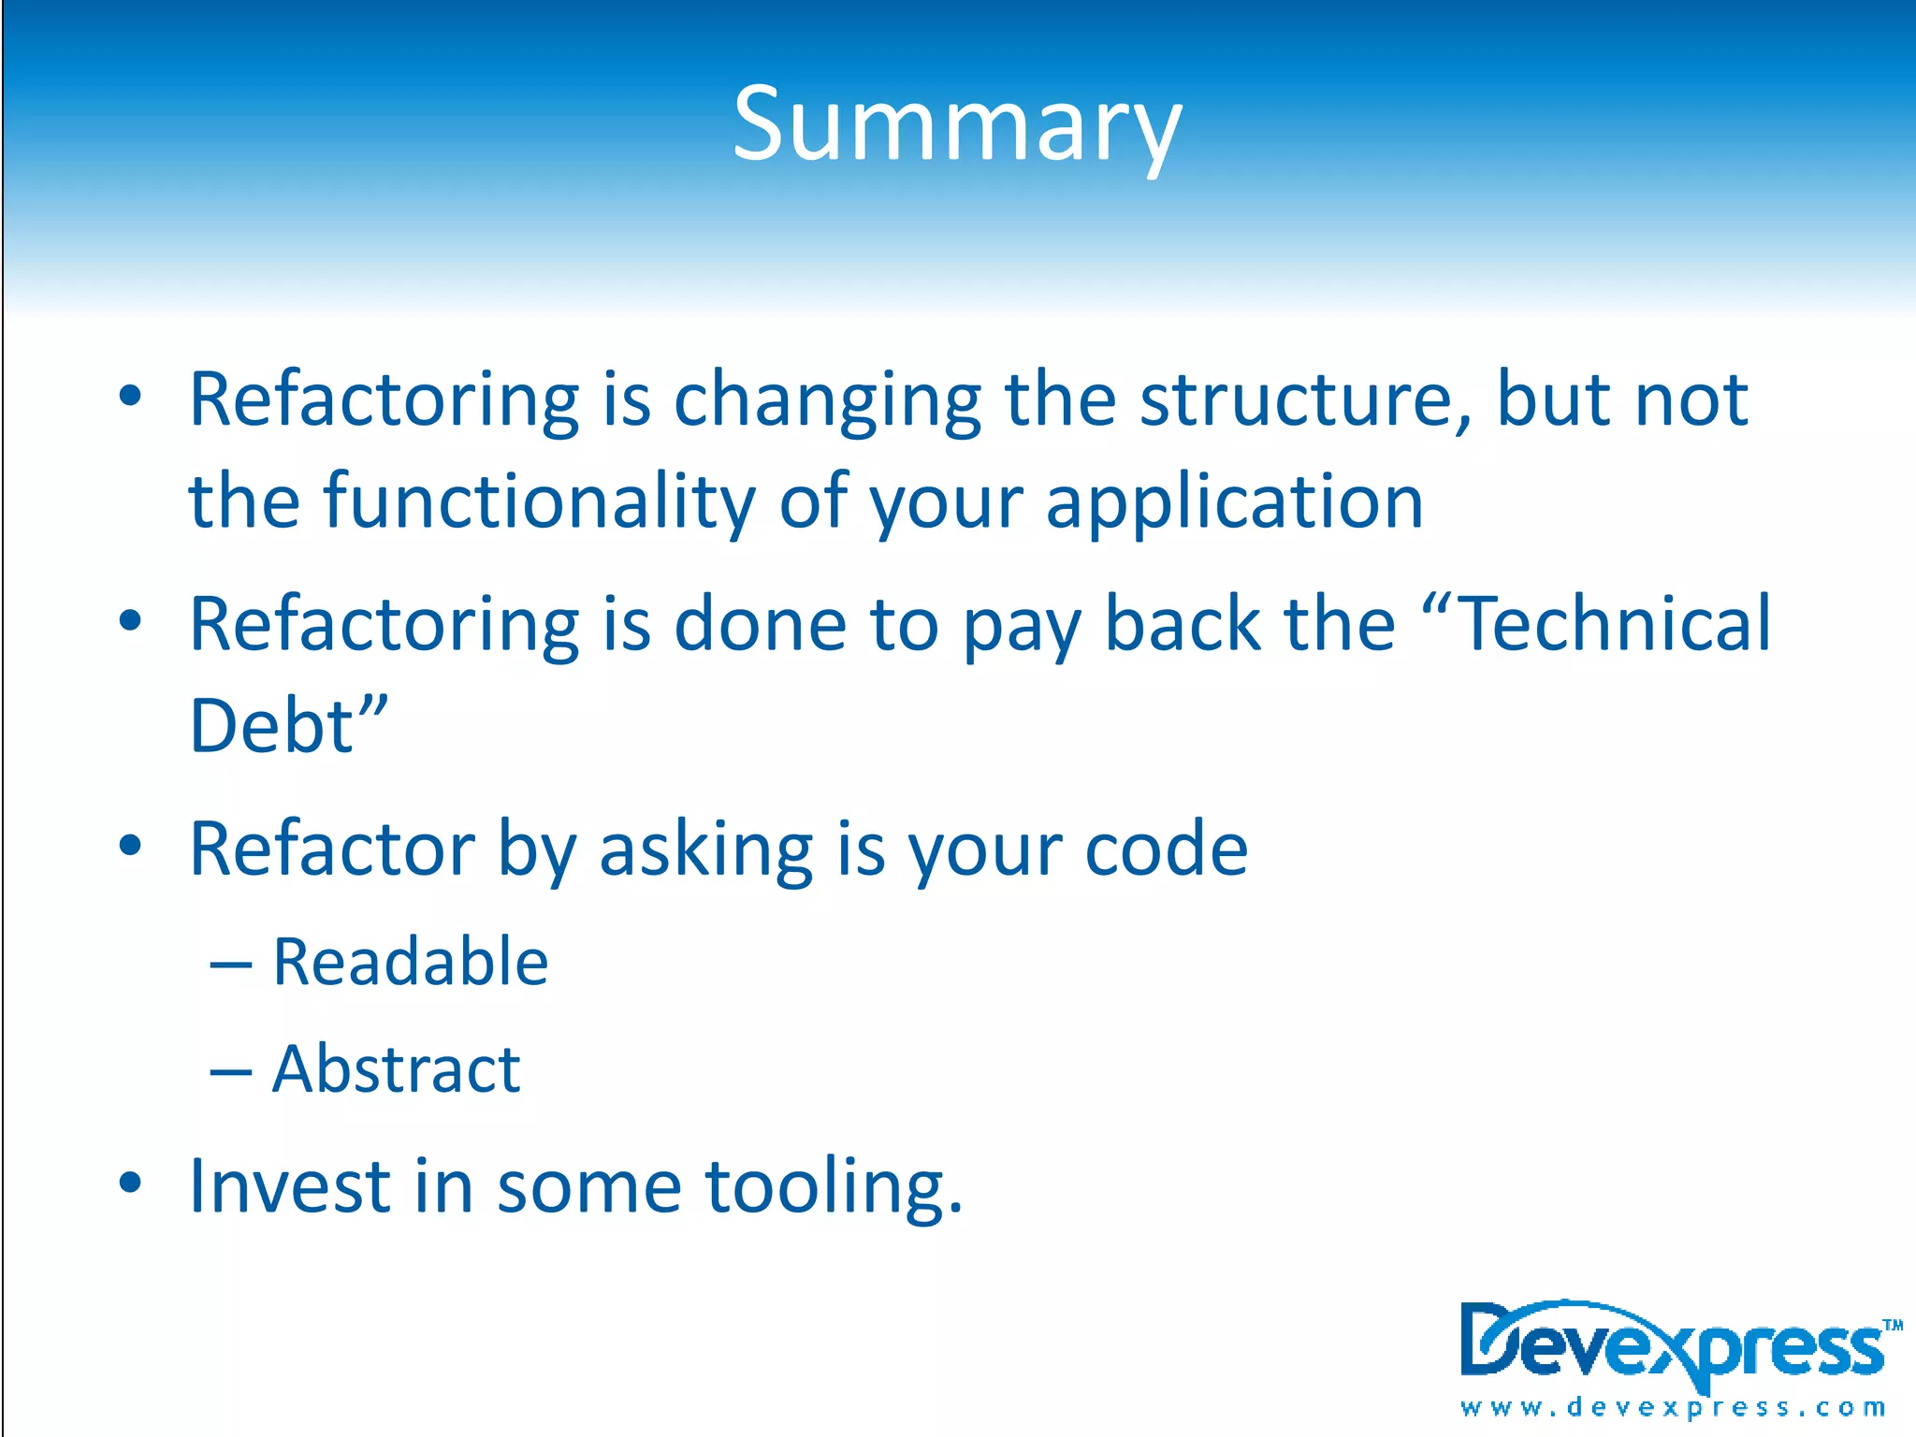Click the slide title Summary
click(957, 124)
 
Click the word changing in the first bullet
click(827, 401)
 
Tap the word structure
click(1304, 399)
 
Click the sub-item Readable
click(410, 962)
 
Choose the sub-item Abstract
click(396, 1068)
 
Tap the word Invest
click(289, 1185)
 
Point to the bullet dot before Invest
click(130, 1183)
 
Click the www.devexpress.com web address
click(1673, 1407)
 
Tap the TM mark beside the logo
click(1893, 1325)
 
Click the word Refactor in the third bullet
click(331, 849)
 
